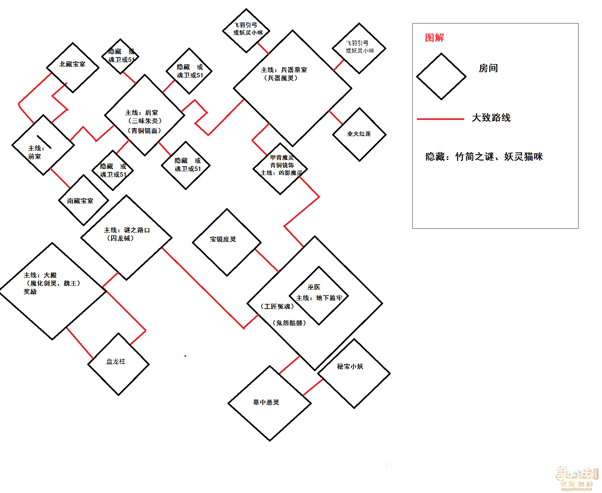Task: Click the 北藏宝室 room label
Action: pyautogui.click(x=72, y=64)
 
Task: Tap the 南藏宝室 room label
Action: pyautogui.click(x=80, y=201)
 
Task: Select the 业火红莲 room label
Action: pyautogui.click(x=359, y=134)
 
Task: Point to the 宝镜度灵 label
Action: pyautogui.click(x=223, y=239)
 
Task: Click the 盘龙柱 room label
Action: pyautogui.click(x=116, y=361)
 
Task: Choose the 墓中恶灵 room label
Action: pyautogui.click(x=266, y=402)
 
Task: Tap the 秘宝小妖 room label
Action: pyautogui.click(x=350, y=366)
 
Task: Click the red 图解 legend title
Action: pyautogui.click(x=435, y=38)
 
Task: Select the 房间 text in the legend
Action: pyautogui.click(x=488, y=68)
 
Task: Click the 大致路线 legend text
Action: pyautogui.click(x=491, y=118)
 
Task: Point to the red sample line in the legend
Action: pyautogui.click(x=441, y=119)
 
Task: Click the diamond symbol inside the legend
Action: pyautogui.click(x=441, y=76)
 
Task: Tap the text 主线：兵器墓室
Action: pyautogui.click(x=284, y=70)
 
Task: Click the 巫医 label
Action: pyautogui.click(x=314, y=287)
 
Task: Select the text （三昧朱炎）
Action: pyautogui.click(x=145, y=121)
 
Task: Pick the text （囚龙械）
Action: pyautogui.click(x=121, y=238)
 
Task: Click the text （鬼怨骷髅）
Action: pyautogui.click(x=289, y=323)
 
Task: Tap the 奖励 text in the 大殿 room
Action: pyautogui.click(x=30, y=292)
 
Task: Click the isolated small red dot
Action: pyautogui.click(x=185, y=356)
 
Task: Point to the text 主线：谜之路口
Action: pyautogui.click(x=127, y=230)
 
